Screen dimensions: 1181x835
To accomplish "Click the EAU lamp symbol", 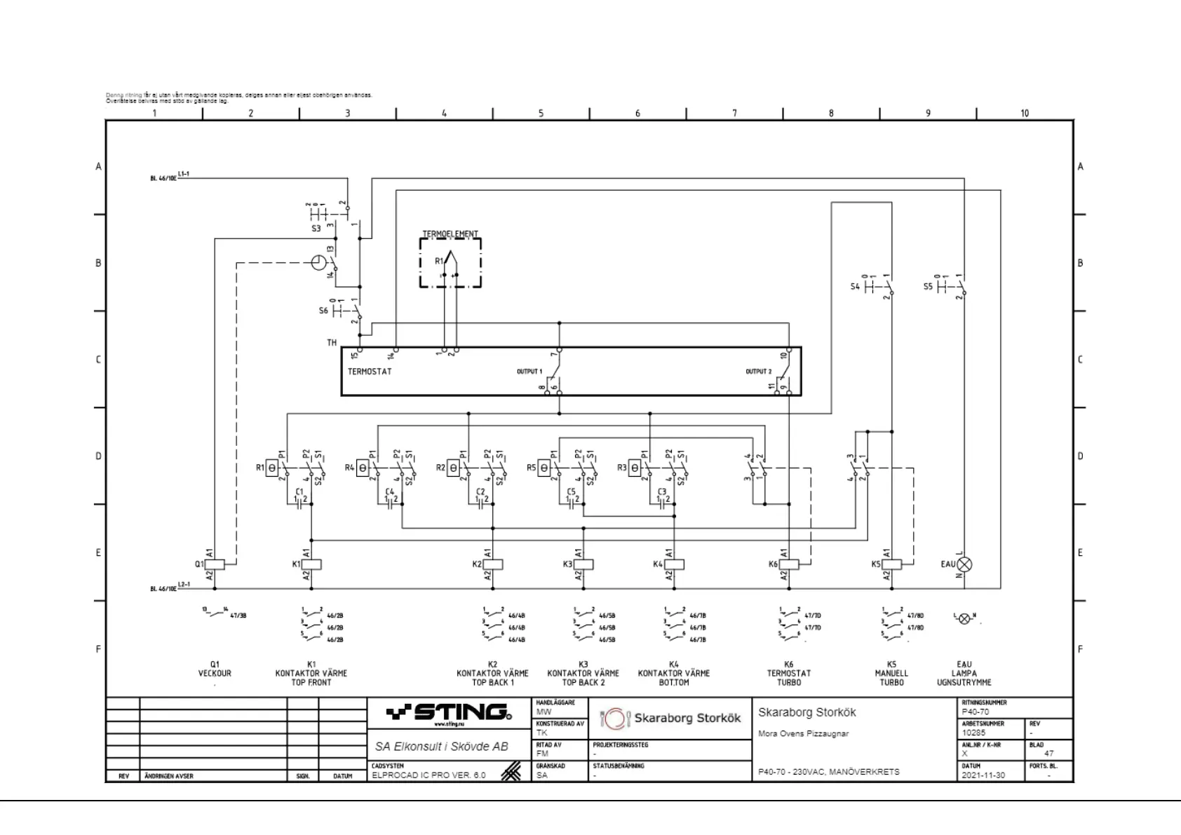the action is [965, 564].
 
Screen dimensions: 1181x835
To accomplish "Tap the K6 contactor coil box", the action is [789, 564].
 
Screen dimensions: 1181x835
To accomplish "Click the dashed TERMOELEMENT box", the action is [450, 262].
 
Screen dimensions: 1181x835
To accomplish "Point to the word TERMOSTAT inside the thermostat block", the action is [370, 372].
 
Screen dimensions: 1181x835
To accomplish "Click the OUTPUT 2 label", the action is [758, 372].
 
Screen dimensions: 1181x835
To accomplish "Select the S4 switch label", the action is [854, 287].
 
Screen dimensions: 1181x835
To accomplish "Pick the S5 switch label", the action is [928, 287].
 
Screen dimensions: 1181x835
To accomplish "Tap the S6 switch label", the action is [323, 310].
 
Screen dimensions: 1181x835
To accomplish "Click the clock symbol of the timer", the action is [318, 263].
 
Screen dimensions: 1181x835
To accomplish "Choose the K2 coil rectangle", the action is [493, 564].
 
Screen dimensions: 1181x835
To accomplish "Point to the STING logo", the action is [449, 714].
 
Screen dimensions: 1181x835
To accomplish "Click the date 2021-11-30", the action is [983, 775].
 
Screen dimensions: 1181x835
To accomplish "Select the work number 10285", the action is [973, 733].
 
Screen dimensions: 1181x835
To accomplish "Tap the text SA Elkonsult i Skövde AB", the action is [441, 747].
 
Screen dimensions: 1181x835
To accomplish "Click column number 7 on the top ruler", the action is [734, 114].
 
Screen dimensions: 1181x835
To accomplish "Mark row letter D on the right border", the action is [1080, 456].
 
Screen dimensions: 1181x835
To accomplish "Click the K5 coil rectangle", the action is [892, 564].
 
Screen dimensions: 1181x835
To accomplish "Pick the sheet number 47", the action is [1048, 754].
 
